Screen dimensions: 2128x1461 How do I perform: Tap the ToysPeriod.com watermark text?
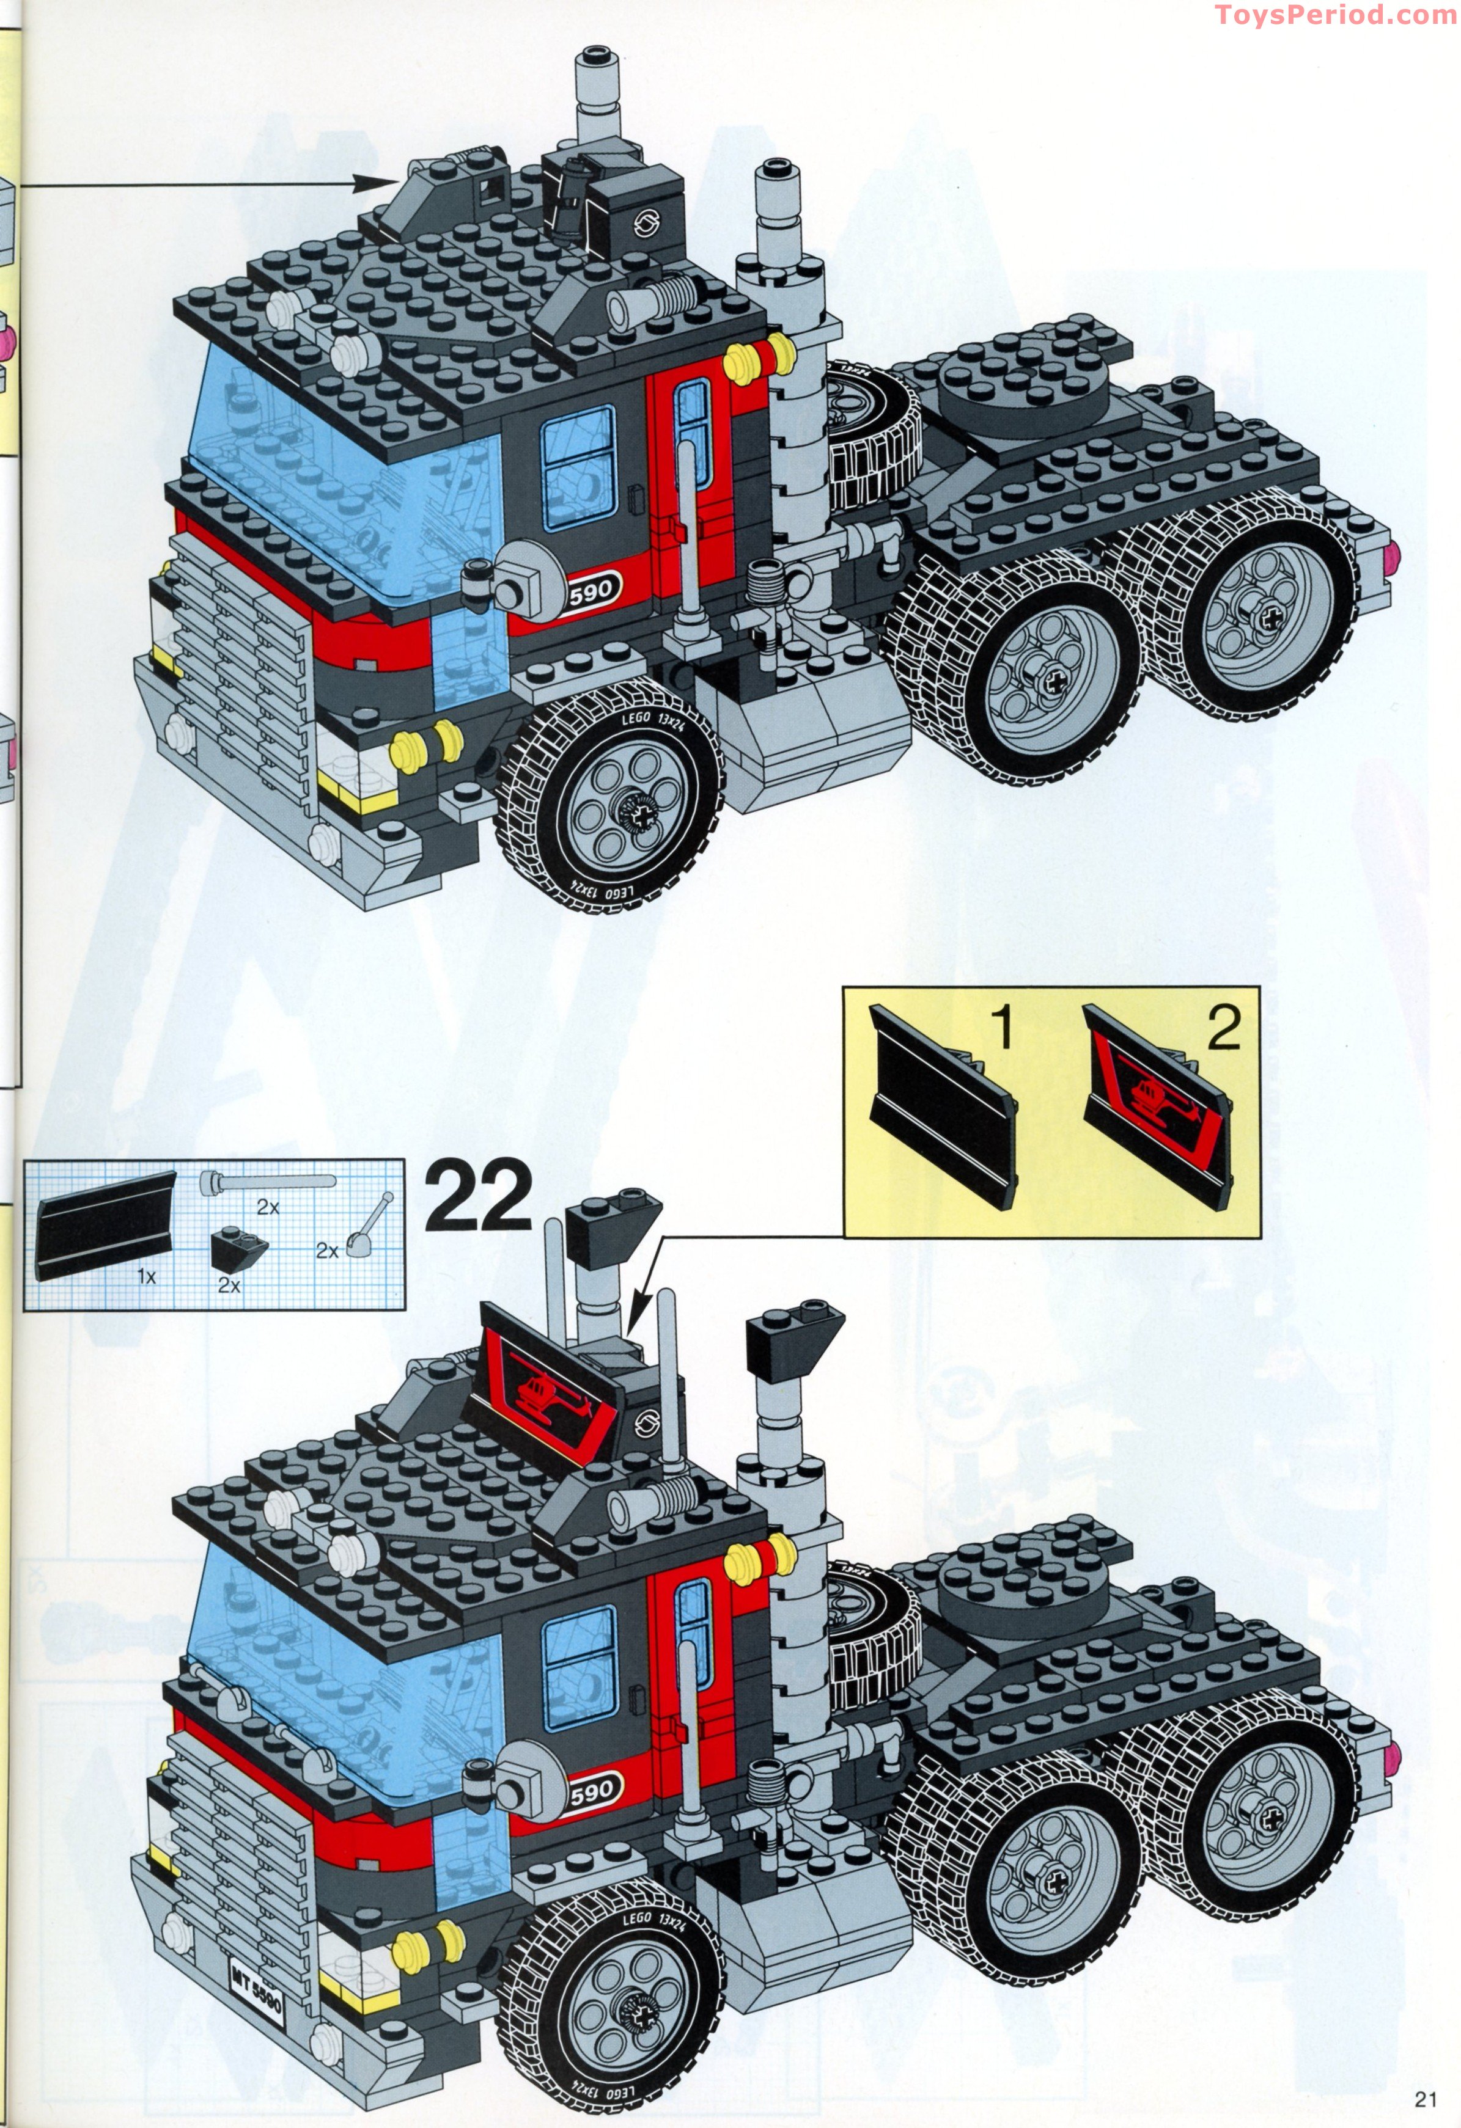(1336, 15)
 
